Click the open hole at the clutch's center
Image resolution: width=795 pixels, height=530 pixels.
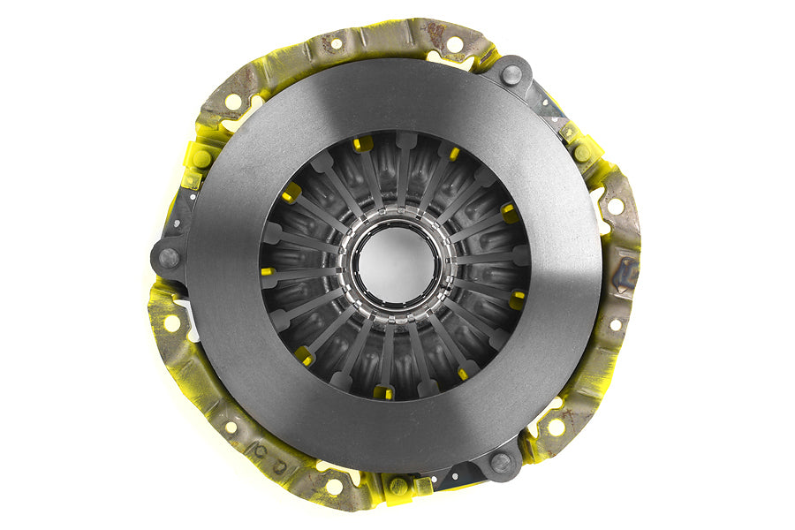click(396, 264)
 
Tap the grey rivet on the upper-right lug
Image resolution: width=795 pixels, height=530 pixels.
click(511, 75)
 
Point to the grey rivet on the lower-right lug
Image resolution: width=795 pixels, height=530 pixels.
click(501, 462)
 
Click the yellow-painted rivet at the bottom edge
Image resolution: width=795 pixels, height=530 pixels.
click(399, 486)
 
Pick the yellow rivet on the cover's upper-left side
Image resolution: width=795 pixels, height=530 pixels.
click(202, 160)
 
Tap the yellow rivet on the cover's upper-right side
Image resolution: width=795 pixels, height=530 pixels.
click(582, 153)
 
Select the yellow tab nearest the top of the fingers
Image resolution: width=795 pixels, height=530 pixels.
click(362, 144)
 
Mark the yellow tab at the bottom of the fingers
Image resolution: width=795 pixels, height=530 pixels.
click(383, 391)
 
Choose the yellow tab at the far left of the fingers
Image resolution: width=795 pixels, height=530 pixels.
click(268, 272)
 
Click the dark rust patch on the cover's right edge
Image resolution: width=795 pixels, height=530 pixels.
click(626, 275)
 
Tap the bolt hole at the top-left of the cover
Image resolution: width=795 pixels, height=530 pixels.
click(336, 42)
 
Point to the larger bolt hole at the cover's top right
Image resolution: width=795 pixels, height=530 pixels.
click(454, 44)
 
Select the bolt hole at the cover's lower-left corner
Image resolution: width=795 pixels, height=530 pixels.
click(231, 427)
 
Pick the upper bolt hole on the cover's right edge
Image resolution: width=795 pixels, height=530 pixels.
click(615, 205)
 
